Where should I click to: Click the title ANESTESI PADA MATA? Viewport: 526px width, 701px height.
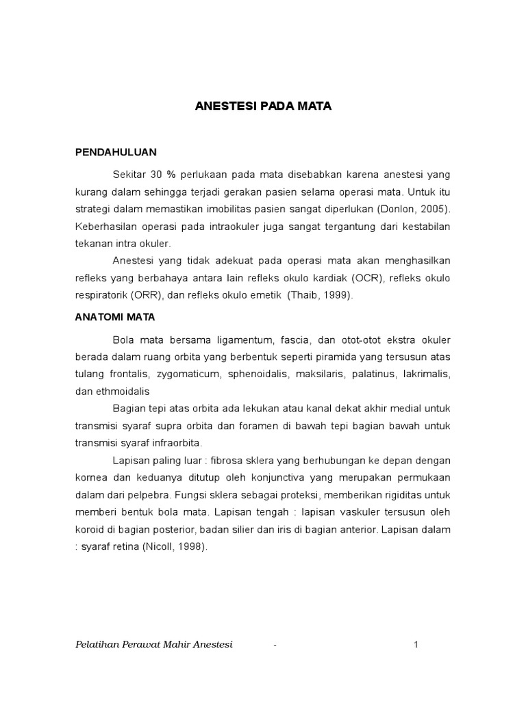click(263, 107)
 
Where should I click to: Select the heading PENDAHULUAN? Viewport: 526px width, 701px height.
click(116, 152)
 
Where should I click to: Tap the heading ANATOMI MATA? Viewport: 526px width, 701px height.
click(115, 317)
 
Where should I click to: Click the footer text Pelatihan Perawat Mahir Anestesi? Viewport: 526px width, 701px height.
click(153, 644)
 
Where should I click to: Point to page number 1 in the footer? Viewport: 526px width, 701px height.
click(416, 644)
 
